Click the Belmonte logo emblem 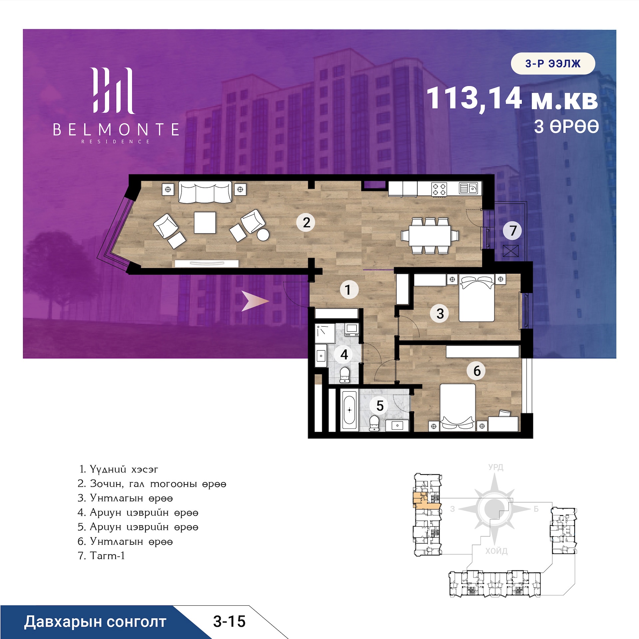pos(113,91)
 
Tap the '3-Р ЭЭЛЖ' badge pos(553,63)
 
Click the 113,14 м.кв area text pos(512,98)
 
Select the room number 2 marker pos(306,222)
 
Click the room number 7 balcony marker pos(513,230)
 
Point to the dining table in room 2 pos(430,236)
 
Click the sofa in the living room pos(205,192)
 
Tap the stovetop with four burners pos(439,189)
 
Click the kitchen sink pos(469,188)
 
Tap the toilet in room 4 pos(345,375)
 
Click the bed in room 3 pos(477,298)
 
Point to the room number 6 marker pos(477,371)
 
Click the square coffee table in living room pos(205,222)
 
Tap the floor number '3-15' pos(229,621)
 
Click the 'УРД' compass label pos(496,467)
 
